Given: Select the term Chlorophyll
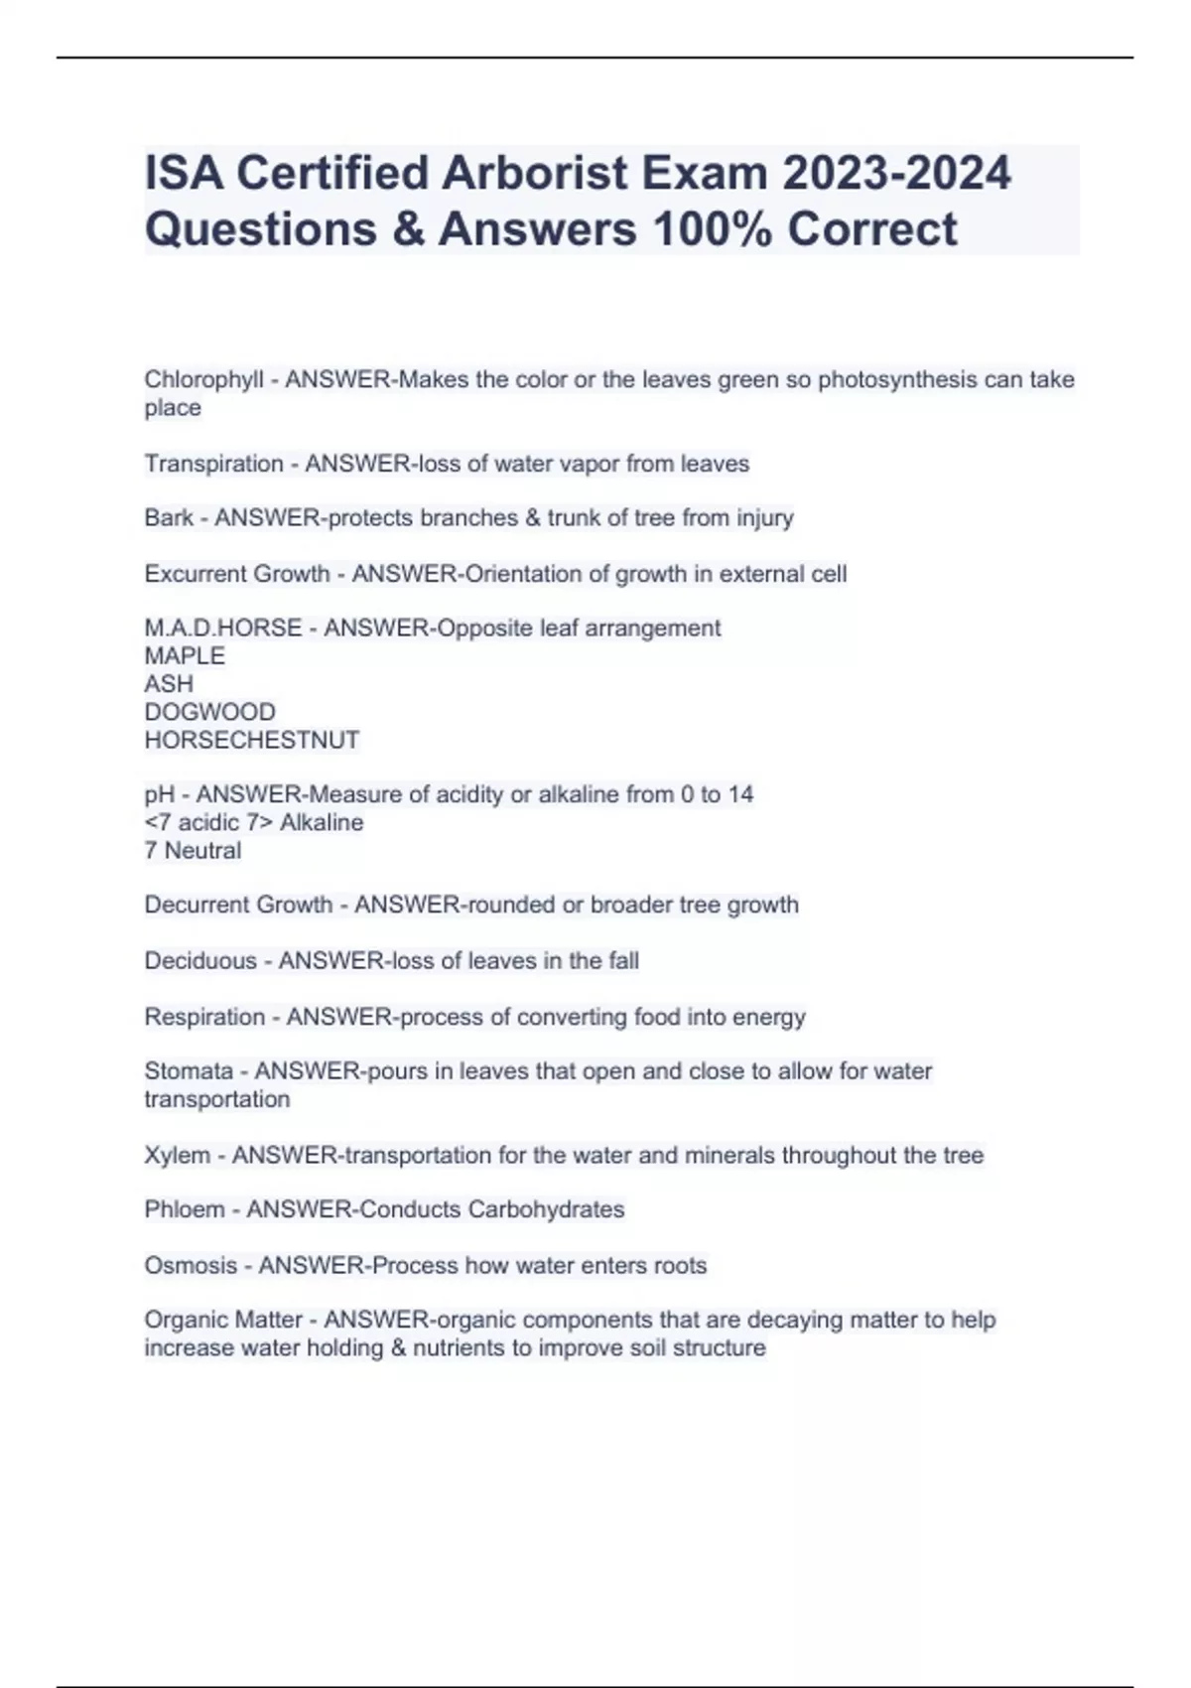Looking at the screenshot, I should point(203,380).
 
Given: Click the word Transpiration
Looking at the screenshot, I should point(213,464).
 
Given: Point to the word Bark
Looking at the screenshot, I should point(169,518).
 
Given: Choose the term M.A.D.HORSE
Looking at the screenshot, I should point(222,629).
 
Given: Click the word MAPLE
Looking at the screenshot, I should point(185,656).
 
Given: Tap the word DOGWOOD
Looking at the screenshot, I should point(209,712).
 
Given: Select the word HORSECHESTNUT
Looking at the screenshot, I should point(252,740).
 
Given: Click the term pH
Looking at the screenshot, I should point(159,794).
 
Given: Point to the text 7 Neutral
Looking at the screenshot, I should point(193,851).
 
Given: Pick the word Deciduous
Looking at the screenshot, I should point(200,961).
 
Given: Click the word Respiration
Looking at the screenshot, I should point(204,1017).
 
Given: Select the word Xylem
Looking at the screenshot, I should point(177,1156).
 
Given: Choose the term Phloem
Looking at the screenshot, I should point(185,1209).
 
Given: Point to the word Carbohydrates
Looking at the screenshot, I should point(546,1209).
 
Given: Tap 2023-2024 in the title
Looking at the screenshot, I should point(896,173).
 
